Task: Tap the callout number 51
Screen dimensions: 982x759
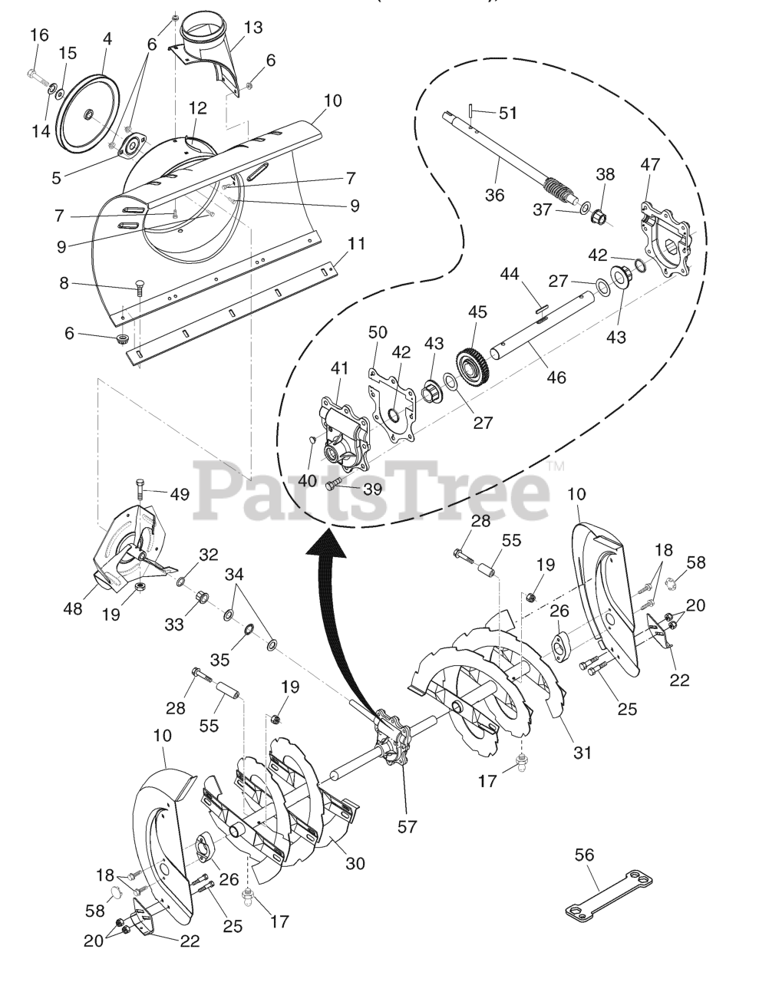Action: [x=508, y=114]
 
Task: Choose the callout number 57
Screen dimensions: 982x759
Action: [x=408, y=826]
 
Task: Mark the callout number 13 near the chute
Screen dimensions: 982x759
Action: [x=253, y=28]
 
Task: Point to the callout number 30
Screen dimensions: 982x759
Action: [x=355, y=863]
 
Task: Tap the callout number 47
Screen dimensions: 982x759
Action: [x=651, y=164]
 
